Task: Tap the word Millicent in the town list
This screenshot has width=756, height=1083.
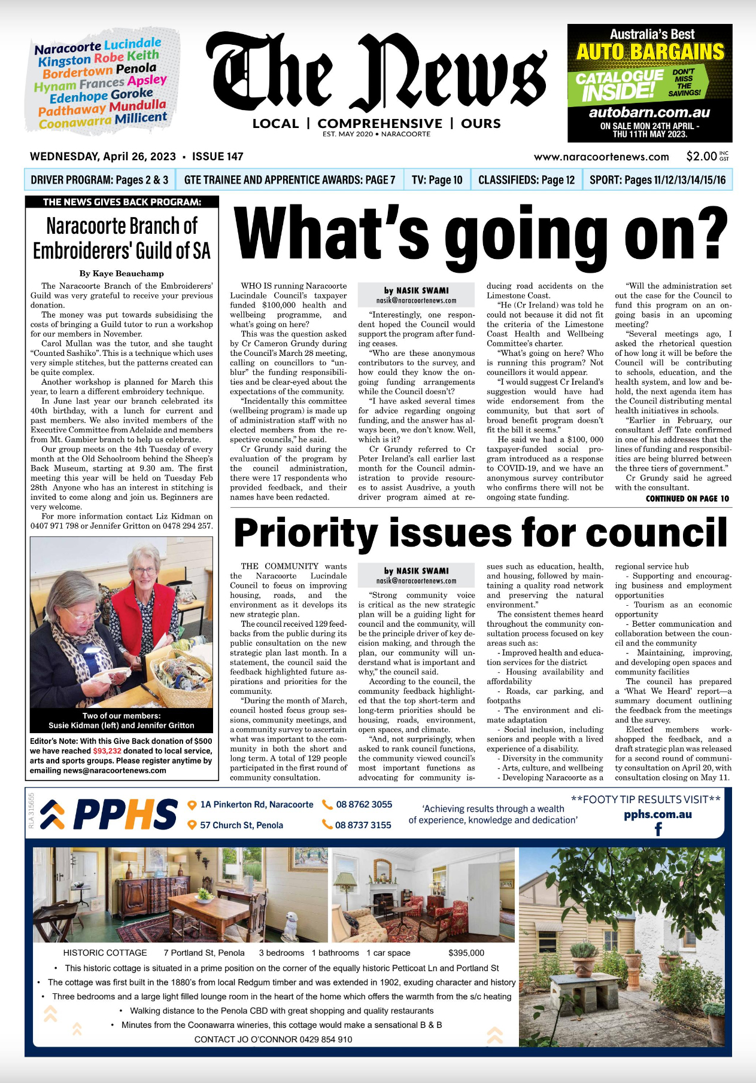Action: click(x=141, y=118)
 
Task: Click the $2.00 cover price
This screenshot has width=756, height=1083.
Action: click(x=701, y=157)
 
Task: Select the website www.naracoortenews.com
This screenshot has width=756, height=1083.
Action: click(x=601, y=157)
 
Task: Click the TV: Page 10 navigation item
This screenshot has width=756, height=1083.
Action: click(x=436, y=180)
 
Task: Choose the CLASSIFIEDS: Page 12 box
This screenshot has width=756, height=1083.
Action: click(x=526, y=180)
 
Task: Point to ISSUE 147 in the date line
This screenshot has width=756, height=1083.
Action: click(x=217, y=157)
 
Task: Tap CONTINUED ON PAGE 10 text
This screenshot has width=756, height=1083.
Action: click(x=687, y=499)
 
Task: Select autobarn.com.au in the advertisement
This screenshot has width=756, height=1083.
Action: click(x=649, y=112)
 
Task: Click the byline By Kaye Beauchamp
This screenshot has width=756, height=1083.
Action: click(x=122, y=273)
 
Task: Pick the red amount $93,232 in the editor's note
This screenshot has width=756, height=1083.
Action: click(x=107, y=751)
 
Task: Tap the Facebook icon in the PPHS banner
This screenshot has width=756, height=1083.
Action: click(x=658, y=829)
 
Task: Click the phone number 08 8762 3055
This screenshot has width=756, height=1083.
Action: click(x=363, y=805)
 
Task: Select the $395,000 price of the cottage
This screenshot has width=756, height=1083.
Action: click(x=466, y=953)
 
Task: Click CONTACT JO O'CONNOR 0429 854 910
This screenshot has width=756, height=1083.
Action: click(x=273, y=1039)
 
